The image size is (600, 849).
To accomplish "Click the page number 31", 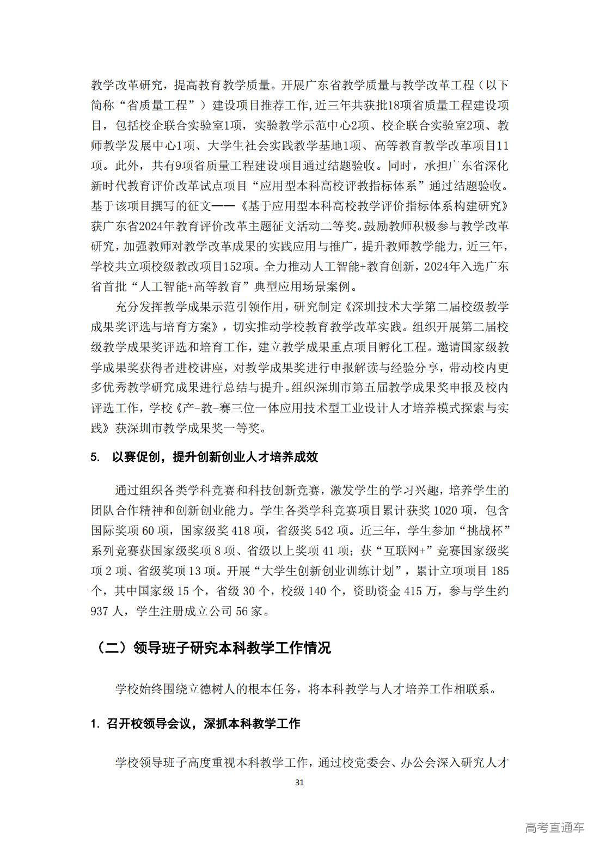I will pyautogui.click(x=299, y=782).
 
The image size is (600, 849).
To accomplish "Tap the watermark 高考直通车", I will pyautogui.click(x=554, y=827).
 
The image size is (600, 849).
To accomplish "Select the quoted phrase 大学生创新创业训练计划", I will pyautogui.click(x=329, y=571).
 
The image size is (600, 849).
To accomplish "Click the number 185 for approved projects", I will pyautogui.click(x=500, y=571).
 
